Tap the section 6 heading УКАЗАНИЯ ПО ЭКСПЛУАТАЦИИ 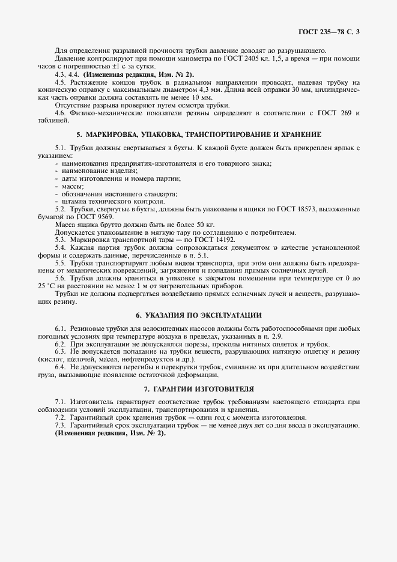[x=199, y=315]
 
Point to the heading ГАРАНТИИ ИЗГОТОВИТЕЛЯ [x=199, y=388]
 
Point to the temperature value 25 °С [x=47, y=286]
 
